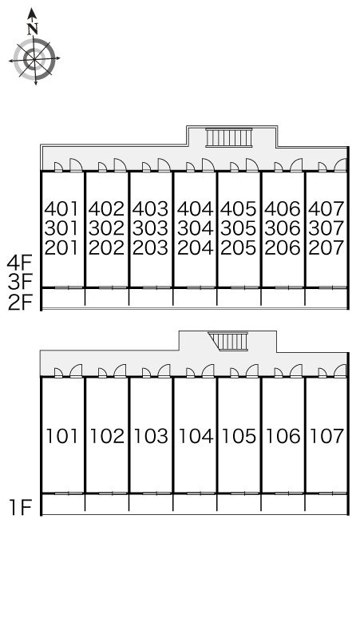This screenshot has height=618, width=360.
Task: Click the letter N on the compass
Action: click(33, 29)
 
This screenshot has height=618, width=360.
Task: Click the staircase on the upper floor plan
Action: click(228, 137)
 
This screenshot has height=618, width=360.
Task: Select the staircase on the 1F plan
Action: click(228, 341)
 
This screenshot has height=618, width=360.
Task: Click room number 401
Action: click(61, 208)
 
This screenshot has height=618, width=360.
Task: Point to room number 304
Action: click(195, 228)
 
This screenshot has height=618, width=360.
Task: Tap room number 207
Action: click(326, 248)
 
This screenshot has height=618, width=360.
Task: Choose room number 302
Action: click(106, 228)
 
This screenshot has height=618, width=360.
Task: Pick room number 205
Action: click(239, 248)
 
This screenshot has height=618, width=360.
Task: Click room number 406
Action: click(283, 208)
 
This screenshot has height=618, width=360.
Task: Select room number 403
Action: click(150, 208)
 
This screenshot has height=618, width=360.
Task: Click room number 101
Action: click(62, 436)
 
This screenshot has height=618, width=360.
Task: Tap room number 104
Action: click(196, 436)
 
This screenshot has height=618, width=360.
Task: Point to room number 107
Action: click(327, 436)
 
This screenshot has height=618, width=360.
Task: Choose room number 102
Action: click(107, 436)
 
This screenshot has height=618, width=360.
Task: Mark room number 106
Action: click(283, 436)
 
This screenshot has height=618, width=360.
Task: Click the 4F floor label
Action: click(19, 263)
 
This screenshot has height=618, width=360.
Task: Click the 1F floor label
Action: click(21, 508)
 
